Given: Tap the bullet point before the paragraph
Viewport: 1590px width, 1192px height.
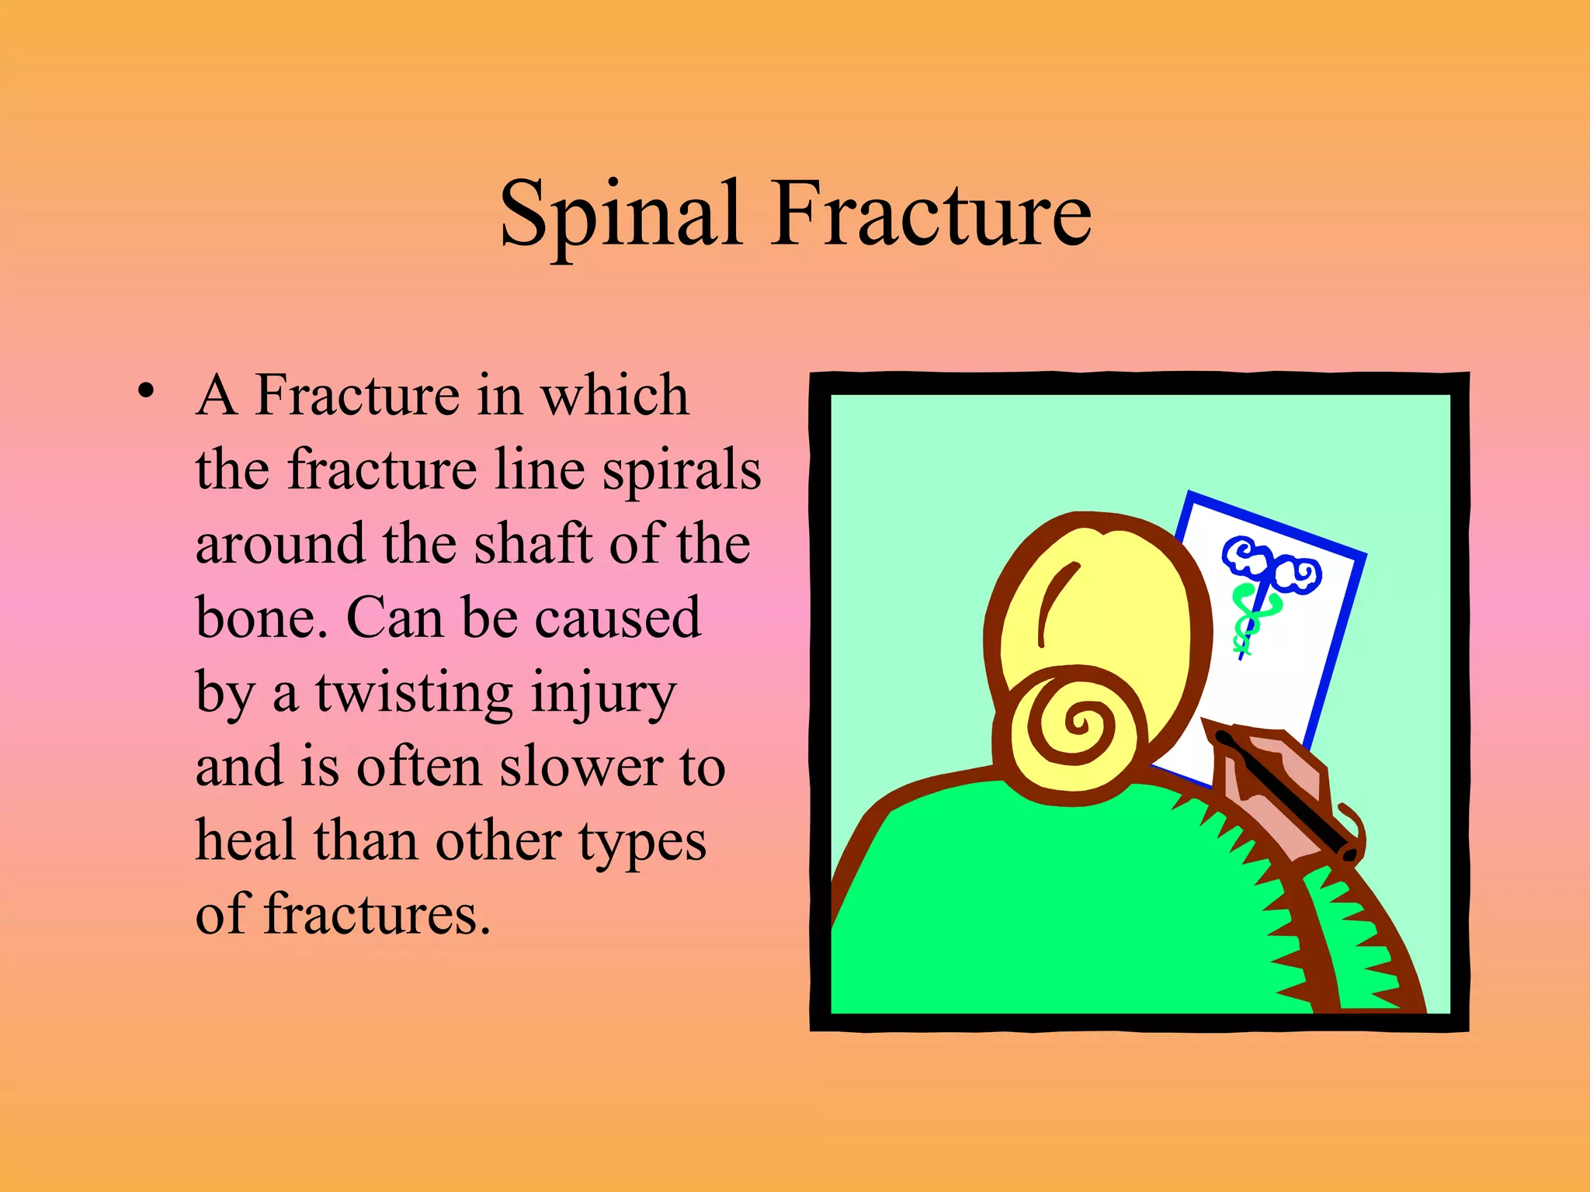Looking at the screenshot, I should coord(145,391).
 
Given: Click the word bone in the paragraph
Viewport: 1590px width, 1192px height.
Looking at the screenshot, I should coord(256,618).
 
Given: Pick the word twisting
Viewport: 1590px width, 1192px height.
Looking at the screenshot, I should coord(414,693).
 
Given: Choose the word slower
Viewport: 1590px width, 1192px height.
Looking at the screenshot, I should coord(580,767).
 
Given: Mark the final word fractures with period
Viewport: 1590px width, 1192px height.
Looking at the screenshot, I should coord(377,915).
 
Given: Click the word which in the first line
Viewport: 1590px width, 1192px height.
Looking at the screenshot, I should coord(614,396).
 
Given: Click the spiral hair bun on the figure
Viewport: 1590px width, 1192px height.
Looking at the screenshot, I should coord(1075,726).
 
